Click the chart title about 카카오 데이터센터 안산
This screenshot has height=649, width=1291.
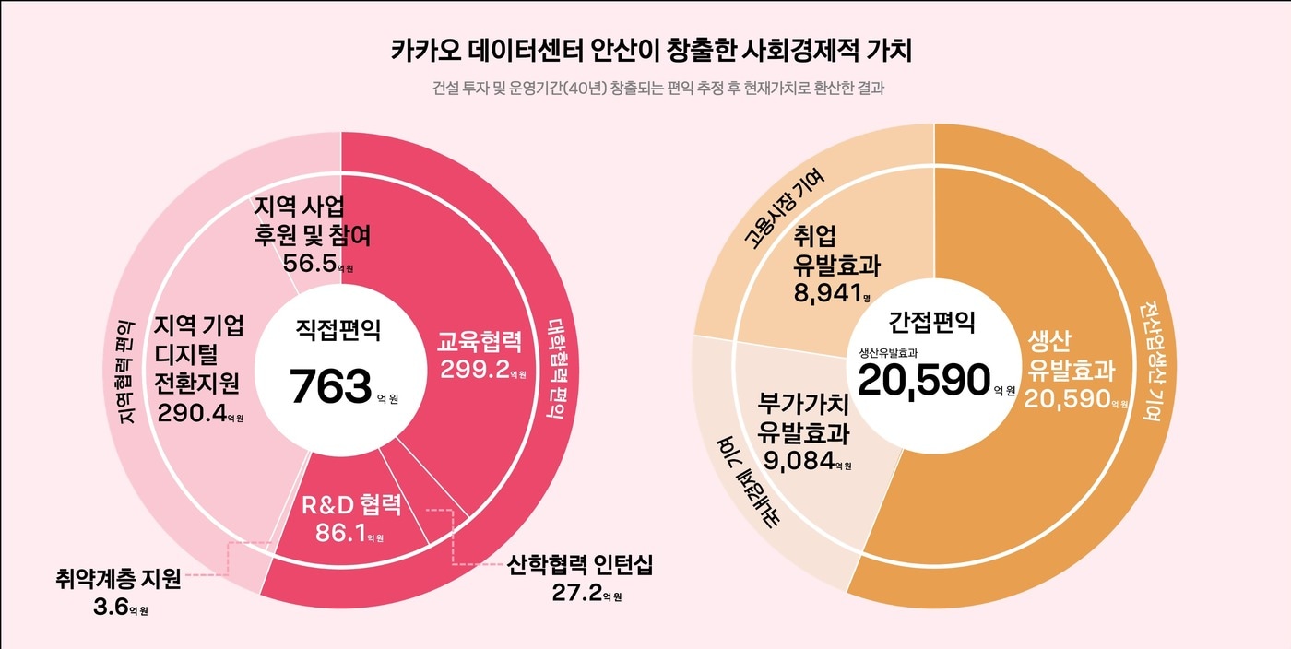point(651,50)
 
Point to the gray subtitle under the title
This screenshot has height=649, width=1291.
point(651,89)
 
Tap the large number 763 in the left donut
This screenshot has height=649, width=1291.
point(331,387)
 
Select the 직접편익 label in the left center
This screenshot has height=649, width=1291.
point(338,330)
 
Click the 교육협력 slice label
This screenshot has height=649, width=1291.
point(480,343)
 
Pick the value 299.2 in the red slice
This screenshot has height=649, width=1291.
point(474,371)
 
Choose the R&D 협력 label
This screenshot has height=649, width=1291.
point(352,505)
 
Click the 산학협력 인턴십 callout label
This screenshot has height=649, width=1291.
point(580,565)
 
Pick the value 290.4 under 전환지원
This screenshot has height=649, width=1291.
point(192,413)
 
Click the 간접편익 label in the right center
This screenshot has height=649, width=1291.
point(931,322)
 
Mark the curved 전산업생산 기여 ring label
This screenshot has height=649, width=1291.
point(1150,360)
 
